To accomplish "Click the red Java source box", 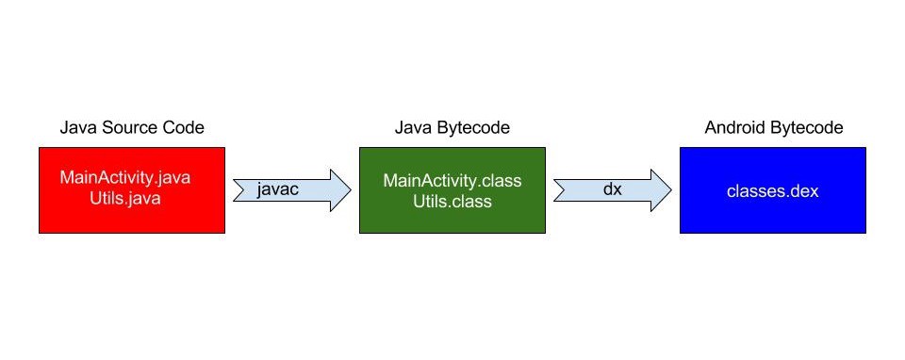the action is tap(132, 190).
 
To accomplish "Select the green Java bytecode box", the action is tap(452, 190).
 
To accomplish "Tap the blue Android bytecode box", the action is tap(773, 190).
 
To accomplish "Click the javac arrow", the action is tap(292, 190).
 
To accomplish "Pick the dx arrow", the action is tap(613, 190).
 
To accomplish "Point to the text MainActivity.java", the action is tap(125, 177).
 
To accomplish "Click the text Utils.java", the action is tap(125, 199).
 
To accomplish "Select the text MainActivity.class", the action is tap(452, 180).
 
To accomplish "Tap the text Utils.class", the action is tap(452, 202).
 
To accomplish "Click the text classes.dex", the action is tap(773, 191).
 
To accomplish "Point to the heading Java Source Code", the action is tap(132, 127).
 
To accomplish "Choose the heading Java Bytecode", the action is tap(452, 127).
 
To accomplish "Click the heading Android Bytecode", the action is tap(774, 127).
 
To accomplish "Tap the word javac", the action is tap(277, 189).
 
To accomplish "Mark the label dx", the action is tap(613, 188).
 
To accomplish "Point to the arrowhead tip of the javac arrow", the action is tap(351, 190).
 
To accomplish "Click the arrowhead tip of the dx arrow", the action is tap(671, 190).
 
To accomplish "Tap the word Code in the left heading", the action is tap(187, 127).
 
